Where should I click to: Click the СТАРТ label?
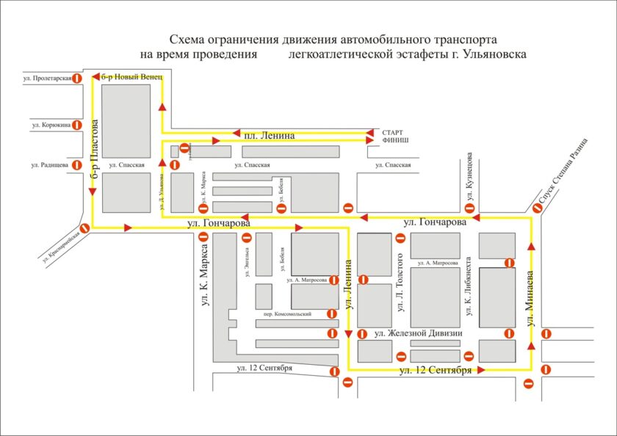(x=395, y=131)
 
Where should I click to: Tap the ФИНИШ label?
(x=395, y=139)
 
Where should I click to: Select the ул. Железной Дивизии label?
(x=417, y=333)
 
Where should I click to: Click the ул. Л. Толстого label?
(x=401, y=283)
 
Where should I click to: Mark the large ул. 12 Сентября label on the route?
(x=436, y=371)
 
